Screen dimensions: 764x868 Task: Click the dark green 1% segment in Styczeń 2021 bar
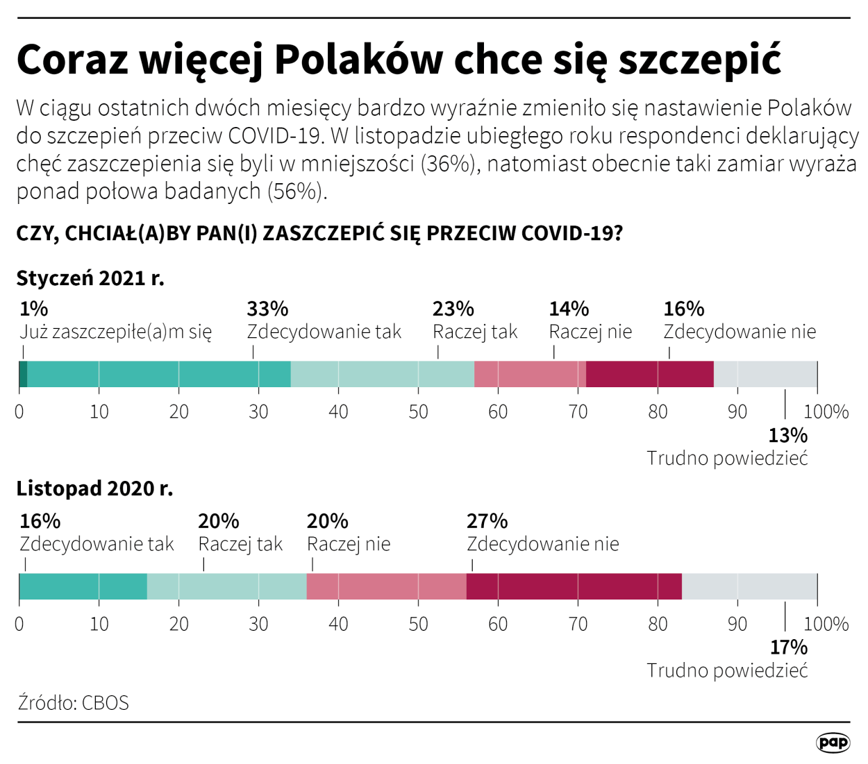tap(23, 374)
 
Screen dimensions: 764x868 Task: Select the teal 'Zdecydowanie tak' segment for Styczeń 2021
tap(158, 374)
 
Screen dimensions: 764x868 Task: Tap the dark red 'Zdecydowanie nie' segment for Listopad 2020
tap(574, 586)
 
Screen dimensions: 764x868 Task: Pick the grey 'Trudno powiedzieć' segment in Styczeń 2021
tap(765, 374)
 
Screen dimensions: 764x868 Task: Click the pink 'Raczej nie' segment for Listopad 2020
tap(386, 586)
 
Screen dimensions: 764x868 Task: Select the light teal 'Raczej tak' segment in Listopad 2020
tap(226, 586)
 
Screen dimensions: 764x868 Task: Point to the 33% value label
tap(267, 309)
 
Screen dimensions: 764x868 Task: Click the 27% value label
tap(487, 521)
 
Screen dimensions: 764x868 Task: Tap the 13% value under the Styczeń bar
tap(787, 436)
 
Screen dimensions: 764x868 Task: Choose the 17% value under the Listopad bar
tap(788, 647)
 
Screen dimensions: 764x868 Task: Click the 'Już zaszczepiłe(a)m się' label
tap(115, 332)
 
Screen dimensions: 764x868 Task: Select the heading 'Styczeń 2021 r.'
tap(90, 278)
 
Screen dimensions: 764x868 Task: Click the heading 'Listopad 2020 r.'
tap(94, 489)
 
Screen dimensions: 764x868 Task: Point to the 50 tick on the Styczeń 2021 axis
tap(418, 411)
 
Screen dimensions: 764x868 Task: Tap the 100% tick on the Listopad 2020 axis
tap(826, 624)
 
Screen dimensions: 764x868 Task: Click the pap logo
tap(833, 742)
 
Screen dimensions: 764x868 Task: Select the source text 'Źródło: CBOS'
tap(74, 702)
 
